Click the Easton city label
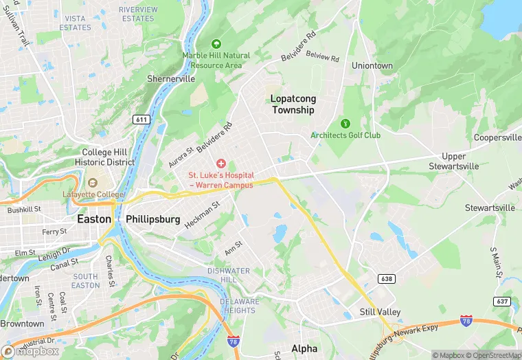point(93,219)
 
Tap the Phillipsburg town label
point(153,219)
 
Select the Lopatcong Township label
point(293,104)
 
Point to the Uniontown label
point(372,66)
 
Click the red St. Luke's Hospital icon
point(221,164)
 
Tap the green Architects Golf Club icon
point(345,123)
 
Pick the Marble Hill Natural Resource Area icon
point(218,43)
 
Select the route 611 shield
point(142,120)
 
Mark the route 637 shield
point(502,302)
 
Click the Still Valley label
point(380,312)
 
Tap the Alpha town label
point(304,348)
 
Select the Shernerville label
point(171,79)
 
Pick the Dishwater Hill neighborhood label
point(233,275)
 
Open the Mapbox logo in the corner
point(31,351)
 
